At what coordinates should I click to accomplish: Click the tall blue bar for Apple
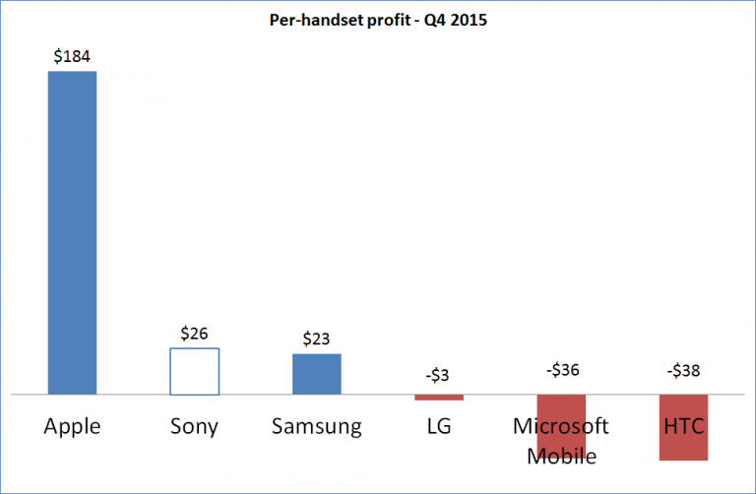pyautogui.click(x=72, y=232)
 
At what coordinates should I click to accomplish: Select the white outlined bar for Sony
pyautogui.click(x=194, y=371)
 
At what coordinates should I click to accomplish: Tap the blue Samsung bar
pyautogui.click(x=316, y=374)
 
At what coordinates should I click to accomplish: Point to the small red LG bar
pyautogui.click(x=438, y=398)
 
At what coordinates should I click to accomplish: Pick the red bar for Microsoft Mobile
pyautogui.click(x=561, y=407)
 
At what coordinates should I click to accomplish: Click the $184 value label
pyautogui.click(x=72, y=56)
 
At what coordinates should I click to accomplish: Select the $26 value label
pyautogui.click(x=194, y=334)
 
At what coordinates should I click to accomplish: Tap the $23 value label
pyautogui.click(x=316, y=340)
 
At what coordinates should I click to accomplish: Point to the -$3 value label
pyautogui.click(x=438, y=375)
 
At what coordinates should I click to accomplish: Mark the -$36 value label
pyautogui.click(x=561, y=372)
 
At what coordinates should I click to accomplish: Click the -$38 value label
pyautogui.click(x=683, y=372)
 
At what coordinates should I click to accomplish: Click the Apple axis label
pyautogui.click(x=72, y=427)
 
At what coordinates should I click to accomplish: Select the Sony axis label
pyautogui.click(x=194, y=427)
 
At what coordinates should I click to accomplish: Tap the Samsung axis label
pyautogui.click(x=316, y=427)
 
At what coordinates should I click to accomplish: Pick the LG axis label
pyautogui.click(x=438, y=427)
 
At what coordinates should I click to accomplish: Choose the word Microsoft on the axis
pyautogui.click(x=561, y=427)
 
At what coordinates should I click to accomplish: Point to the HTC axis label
pyautogui.click(x=683, y=427)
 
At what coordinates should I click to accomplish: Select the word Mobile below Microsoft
pyautogui.click(x=561, y=456)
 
